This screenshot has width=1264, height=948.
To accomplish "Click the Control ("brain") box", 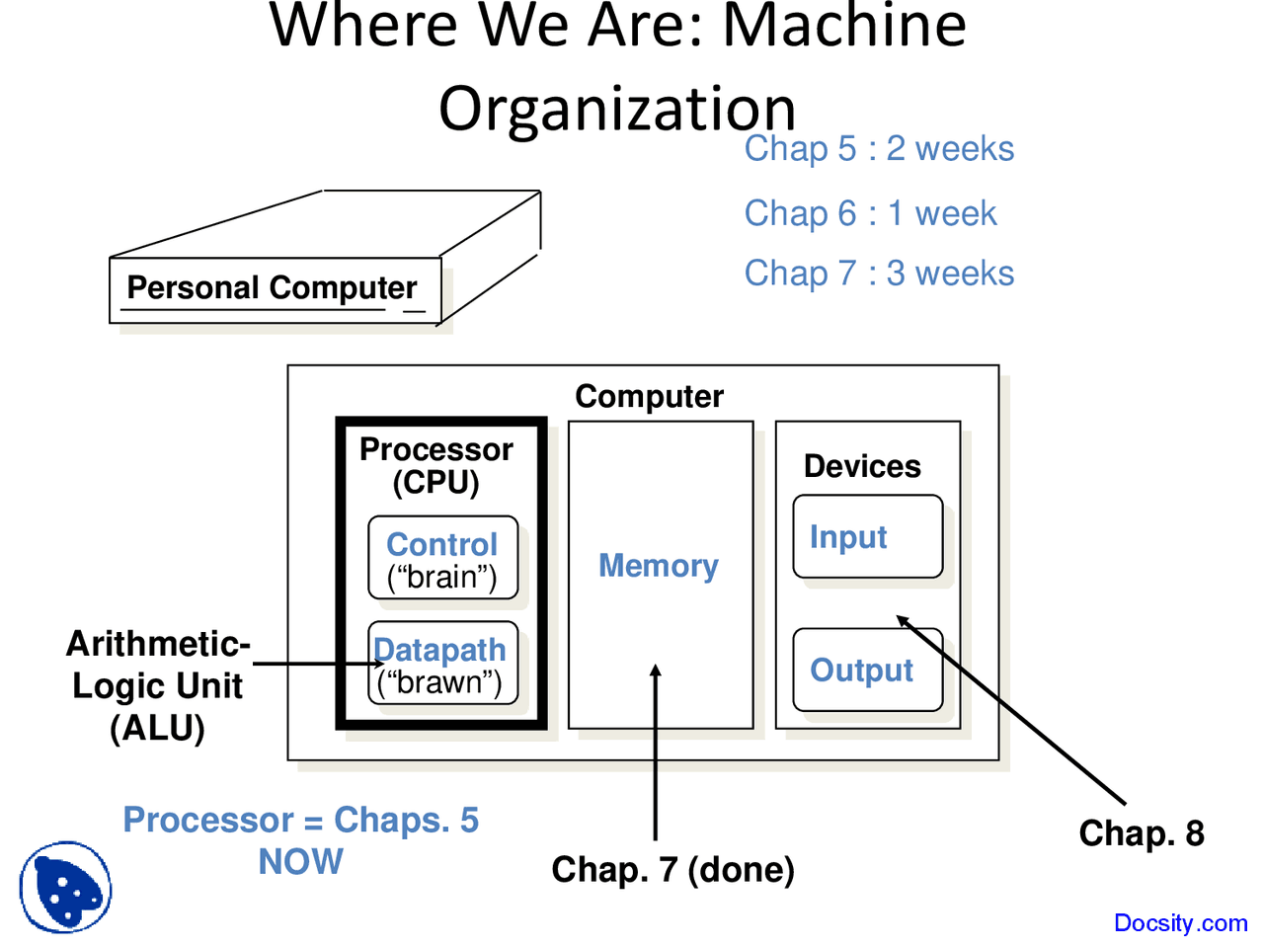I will (x=442, y=558).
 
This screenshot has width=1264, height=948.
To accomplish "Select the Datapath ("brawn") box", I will (x=442, y=663).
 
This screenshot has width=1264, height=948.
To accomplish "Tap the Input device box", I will (x=867, y=536).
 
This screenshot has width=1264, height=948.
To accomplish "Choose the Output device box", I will (x=867, y=670).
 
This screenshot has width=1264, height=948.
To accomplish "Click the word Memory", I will (x=659, y=565).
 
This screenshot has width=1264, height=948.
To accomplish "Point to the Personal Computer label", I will (x=272, y=287).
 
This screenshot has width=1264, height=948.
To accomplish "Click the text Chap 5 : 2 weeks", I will (x=879, y=148).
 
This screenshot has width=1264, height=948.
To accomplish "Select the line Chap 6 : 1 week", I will (x=870, y=213).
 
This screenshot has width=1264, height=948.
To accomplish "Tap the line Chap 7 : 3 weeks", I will (x=879, y=274).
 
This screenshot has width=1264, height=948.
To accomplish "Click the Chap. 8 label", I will (x=1141, y=833).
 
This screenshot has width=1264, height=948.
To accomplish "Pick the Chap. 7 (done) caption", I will (x=672, y=870).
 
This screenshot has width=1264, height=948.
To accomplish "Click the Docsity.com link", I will (x=1180, y=923).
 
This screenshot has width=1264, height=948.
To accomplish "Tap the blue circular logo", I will (x=65, y=887).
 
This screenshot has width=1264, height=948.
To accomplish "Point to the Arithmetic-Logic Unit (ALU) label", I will (x=158, y=685).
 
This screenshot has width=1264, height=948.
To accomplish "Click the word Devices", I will (x=862, y=466).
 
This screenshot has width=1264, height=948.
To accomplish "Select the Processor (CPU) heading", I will (x=435, y=465).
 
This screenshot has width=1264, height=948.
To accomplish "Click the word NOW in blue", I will (x=300, y=862).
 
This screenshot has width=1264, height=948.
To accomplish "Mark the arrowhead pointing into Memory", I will (x=656, y=671).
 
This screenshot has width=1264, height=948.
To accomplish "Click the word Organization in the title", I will (x=617, y=109).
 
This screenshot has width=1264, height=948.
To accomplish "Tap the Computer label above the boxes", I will (x=649, y=396).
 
